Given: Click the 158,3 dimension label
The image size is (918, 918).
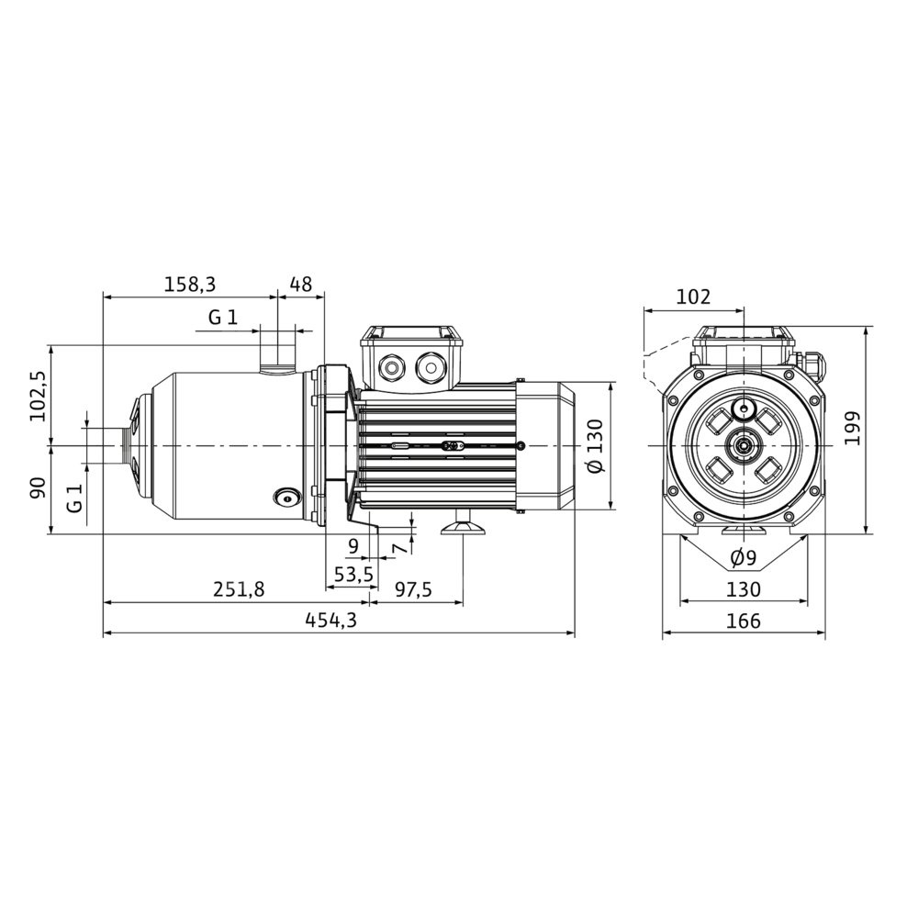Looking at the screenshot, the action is tap(190, 285).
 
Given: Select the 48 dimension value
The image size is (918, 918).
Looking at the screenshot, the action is tap(301, 285).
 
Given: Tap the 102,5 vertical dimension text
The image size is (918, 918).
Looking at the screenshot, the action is tap(39, 396).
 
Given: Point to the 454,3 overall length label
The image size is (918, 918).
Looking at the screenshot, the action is tap(330, 620).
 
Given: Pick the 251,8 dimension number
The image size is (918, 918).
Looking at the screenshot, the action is tap(239, 589).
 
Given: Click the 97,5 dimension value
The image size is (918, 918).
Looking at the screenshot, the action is tap(413, 589).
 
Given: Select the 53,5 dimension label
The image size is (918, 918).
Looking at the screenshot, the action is tap(353, 575).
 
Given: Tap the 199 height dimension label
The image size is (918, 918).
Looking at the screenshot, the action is tap(853, 428).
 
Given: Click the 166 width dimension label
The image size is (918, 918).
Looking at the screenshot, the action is tap(744, 621).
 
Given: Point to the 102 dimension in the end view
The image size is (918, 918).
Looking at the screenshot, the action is tap(693, 297).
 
